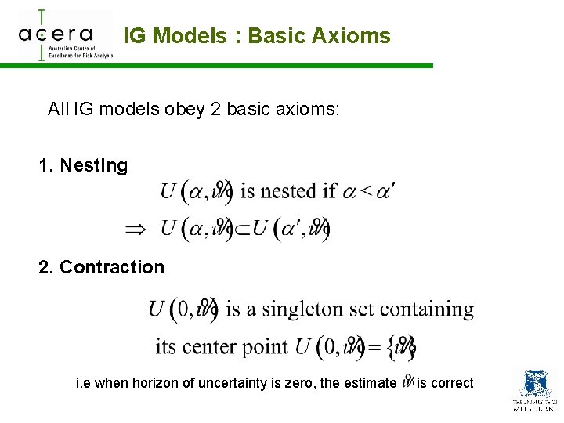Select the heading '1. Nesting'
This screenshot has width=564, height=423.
pos(83,165)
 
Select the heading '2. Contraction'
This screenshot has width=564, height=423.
pos(102,267)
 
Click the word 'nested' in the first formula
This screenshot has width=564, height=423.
pos(289,190)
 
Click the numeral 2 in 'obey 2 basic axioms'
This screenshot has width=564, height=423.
pos(215,109)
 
